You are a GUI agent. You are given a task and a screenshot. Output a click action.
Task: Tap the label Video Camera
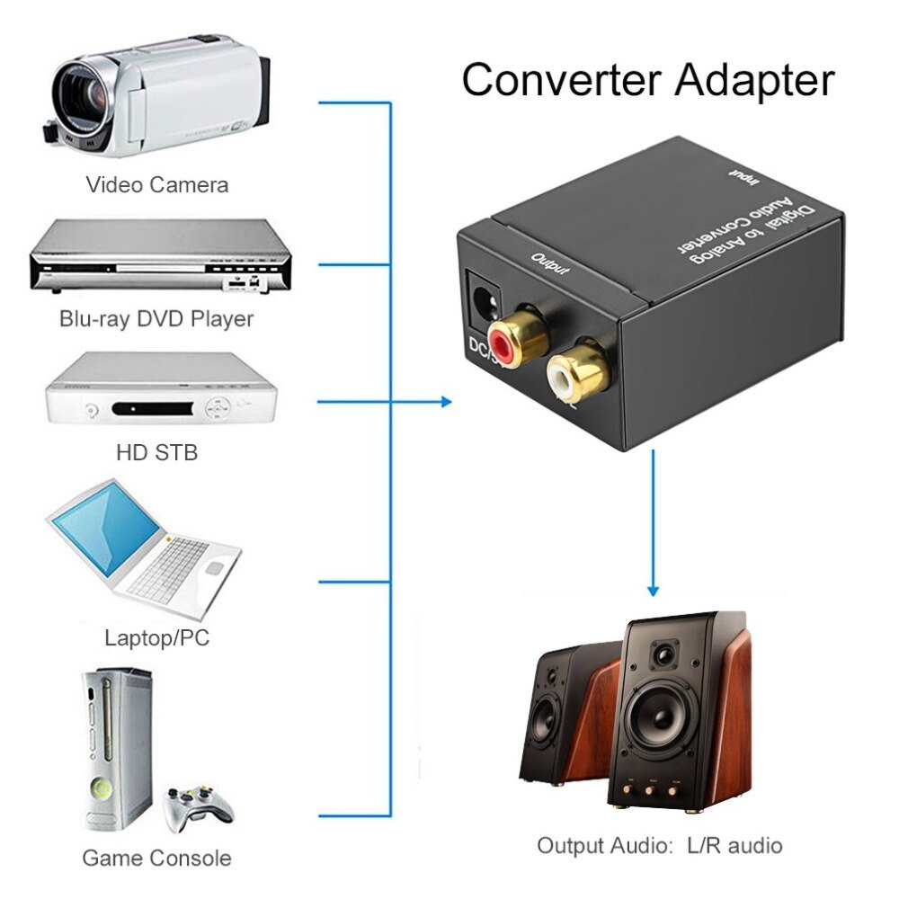pos(156,185)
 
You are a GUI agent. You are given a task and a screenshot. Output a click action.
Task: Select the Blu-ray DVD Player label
pos(156,318)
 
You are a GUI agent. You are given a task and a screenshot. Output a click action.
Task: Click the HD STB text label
pos(156,451)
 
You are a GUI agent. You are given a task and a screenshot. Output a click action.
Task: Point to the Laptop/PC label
pos(156,639)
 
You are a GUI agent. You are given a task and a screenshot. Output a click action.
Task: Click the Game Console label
pos(156,858)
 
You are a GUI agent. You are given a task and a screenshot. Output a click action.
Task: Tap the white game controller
pos(199,805)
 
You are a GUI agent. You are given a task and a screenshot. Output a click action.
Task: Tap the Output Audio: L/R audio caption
pos(659,845)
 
